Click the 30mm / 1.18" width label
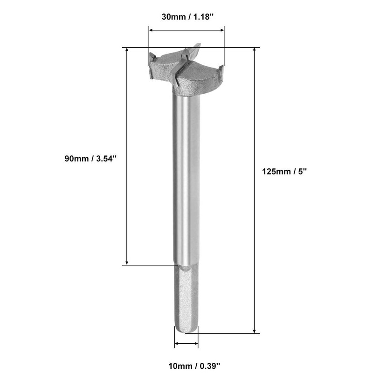[x=187, y=17]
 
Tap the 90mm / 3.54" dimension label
[x=90, y=159]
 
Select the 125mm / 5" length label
[x=284, y=171]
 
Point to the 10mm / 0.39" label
[x=194, y=366]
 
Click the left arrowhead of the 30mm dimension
[x=151, y=30]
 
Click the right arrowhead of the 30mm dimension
[x=222, y=30]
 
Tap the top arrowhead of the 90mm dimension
[x=127, y=49]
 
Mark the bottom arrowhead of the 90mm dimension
[x=127, y=262]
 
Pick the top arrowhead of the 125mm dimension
[x=254, y=49]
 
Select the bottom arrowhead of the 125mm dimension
[x=254, y=331]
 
